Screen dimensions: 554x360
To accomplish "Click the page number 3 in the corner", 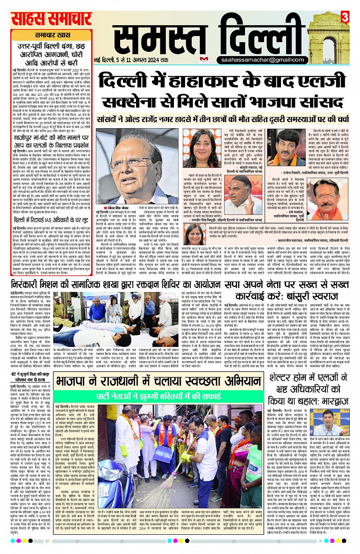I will (x=345, y=18).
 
